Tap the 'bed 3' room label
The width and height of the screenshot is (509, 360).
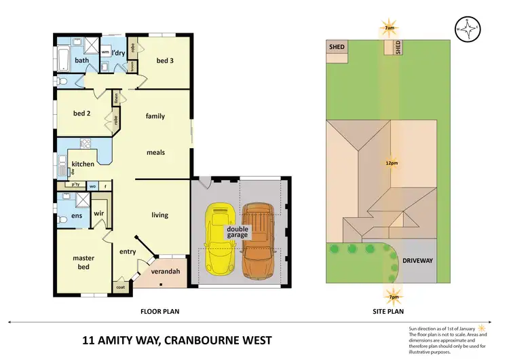click(166, 61)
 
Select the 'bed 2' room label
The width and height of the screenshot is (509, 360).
click(82, 113)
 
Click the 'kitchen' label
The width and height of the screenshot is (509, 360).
click(82, 164)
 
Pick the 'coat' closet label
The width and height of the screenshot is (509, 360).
click(121, 287)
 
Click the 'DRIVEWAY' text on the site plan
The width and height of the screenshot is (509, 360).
click(417, 260)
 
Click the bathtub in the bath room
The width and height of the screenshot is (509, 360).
click(63, 60)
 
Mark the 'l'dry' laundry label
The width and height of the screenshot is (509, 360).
click(117, 52)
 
